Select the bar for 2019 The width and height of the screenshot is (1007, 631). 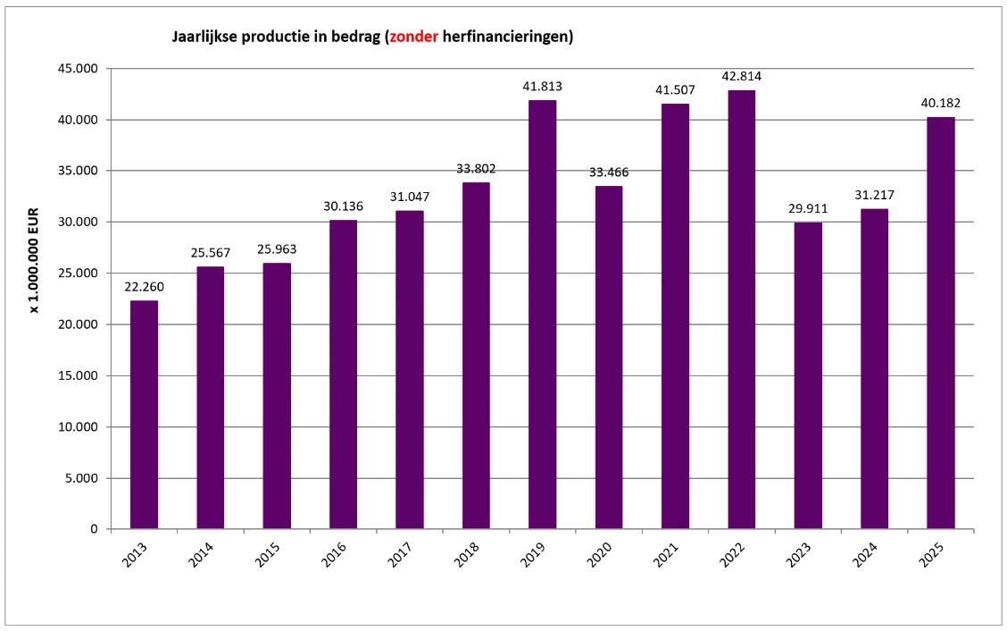tap(542, 314)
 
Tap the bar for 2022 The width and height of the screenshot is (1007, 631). tap(741, 309)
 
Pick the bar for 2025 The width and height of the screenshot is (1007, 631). tap(940, 323)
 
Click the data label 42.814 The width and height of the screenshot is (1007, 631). tap(742, 76)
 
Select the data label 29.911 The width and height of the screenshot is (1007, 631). tap(808, 208)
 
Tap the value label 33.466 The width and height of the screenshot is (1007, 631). tap(609, 172)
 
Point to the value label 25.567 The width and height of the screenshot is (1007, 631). tap(211, 253)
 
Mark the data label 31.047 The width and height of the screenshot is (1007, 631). tap(410, 197)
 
